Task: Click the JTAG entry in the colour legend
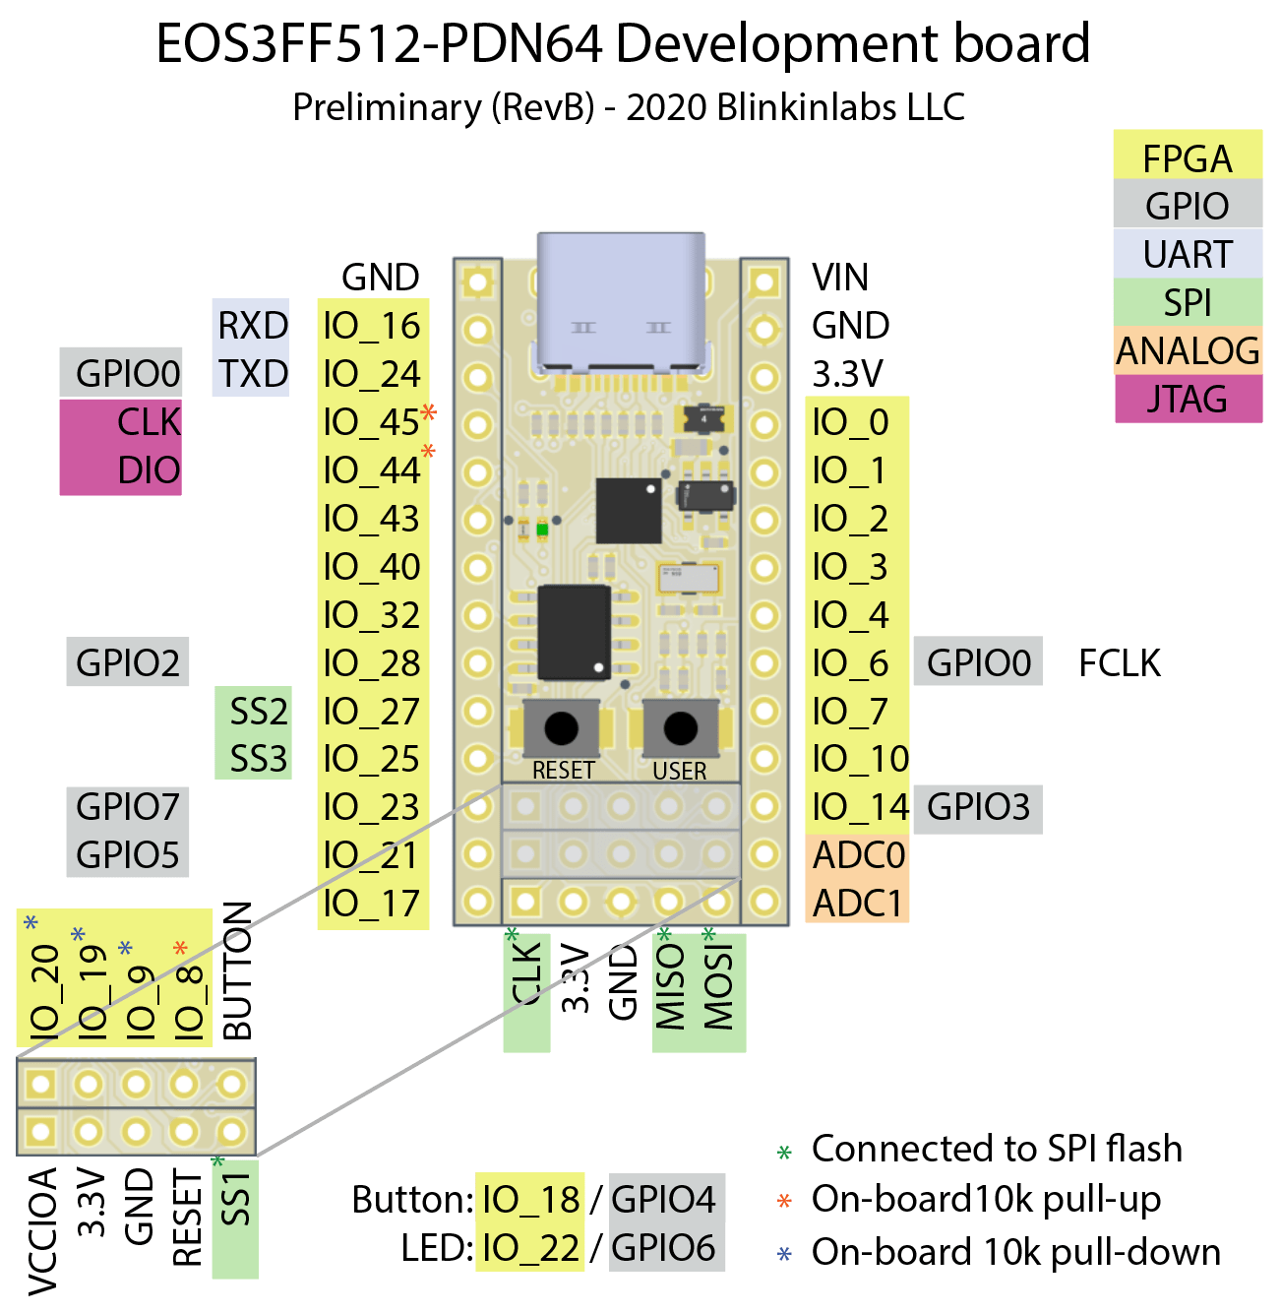[x=1188, y=400]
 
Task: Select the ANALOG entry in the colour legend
[x=1188, y=350]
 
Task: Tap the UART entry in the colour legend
[x=1188, y=255]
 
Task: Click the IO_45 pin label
[x=372, y=422]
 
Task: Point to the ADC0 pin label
[x=858, y=855]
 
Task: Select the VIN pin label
[x=840, y=278]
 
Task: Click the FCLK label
[x=1120, y=663]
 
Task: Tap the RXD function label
[x=253, y=326]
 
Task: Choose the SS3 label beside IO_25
[x=258, y=759]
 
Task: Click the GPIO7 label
[x=128, y=807]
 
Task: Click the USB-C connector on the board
[x=622, y=300]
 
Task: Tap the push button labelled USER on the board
[x=680, y=729]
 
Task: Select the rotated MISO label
[x=670, y=987]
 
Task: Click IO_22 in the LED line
[x=530, y=1248]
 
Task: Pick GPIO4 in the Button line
[x=664, y=1199]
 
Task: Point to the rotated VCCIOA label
[x=42, y=1230]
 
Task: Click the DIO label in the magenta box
[x=149, y=470]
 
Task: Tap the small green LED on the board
[x=542, y=530]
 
